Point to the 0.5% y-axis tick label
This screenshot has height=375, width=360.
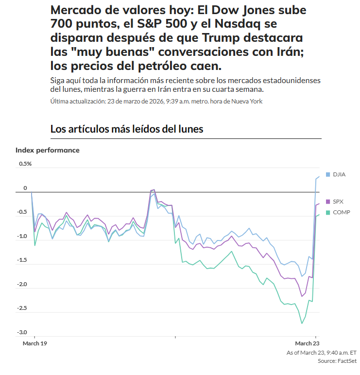(25, 164)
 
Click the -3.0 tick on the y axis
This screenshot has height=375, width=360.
(23, 333)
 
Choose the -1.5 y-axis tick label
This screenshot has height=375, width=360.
(23, 260)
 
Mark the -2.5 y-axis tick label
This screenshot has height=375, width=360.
(23, 308)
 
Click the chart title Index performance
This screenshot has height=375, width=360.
(47, 150)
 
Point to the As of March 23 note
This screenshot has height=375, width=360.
(322, 353)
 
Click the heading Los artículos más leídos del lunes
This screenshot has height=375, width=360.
(127, 129)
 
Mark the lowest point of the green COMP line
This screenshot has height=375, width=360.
(302, 324)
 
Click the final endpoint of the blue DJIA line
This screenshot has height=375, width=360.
(319, 176)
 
